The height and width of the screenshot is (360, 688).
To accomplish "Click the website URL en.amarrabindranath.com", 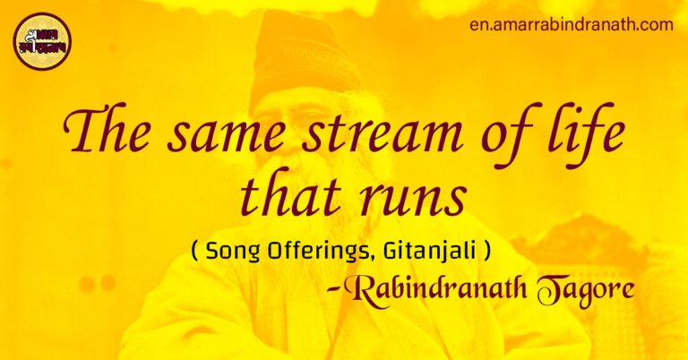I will tap(571, 24).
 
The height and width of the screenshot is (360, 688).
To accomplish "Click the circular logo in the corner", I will tap(41, 41).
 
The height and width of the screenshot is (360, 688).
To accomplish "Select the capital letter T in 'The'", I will tap(84, 134).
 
